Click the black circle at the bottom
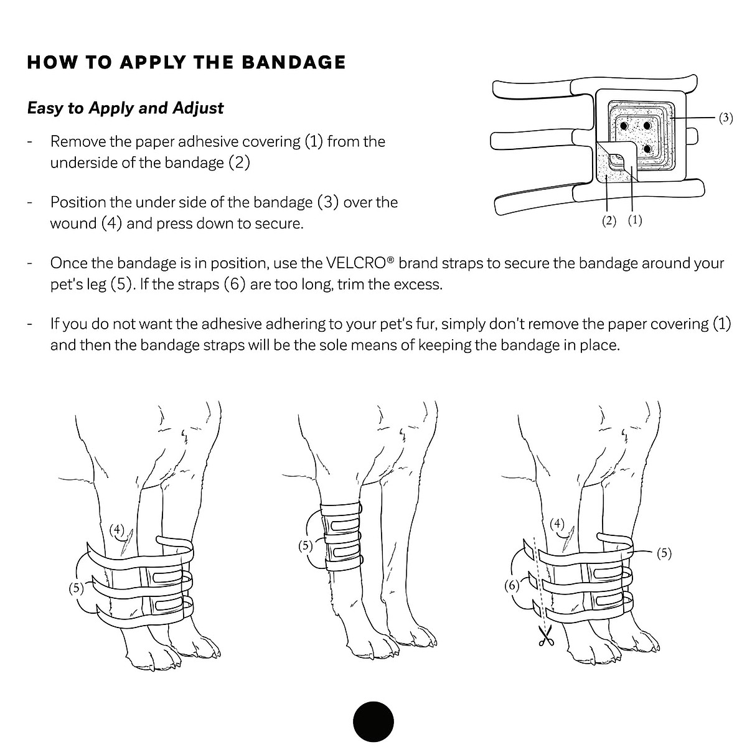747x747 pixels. pos(374,722)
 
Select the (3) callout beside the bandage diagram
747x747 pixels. pos(726,118)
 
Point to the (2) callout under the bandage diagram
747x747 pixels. pos(609,221)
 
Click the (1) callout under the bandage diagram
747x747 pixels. pos(634,220)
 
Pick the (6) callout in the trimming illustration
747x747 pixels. pos(511,586)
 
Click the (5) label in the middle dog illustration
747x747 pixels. pos(305,546)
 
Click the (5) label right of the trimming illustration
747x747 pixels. pos(664,553)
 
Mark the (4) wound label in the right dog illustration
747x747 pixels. pos(558,524)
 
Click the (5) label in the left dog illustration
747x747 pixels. pos(77,588)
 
